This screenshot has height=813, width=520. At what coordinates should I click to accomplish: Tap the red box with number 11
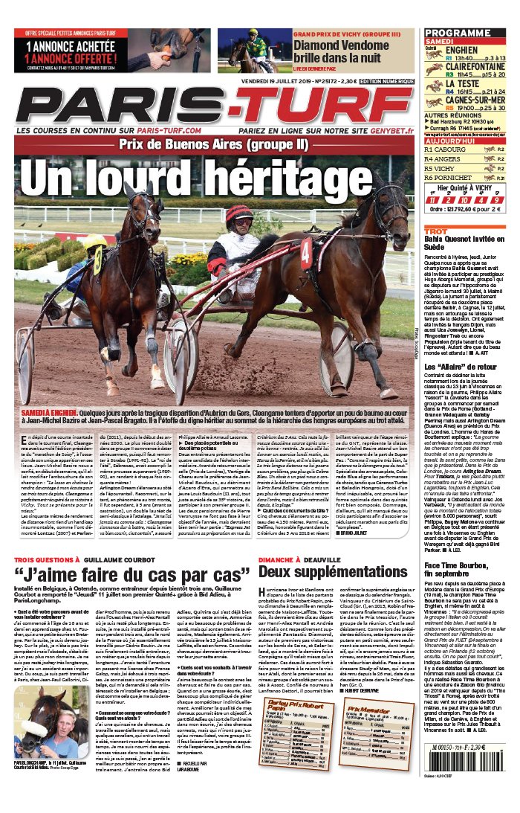click(432, 200)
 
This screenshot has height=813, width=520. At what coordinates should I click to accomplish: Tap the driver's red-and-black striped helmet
click(239, 216)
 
